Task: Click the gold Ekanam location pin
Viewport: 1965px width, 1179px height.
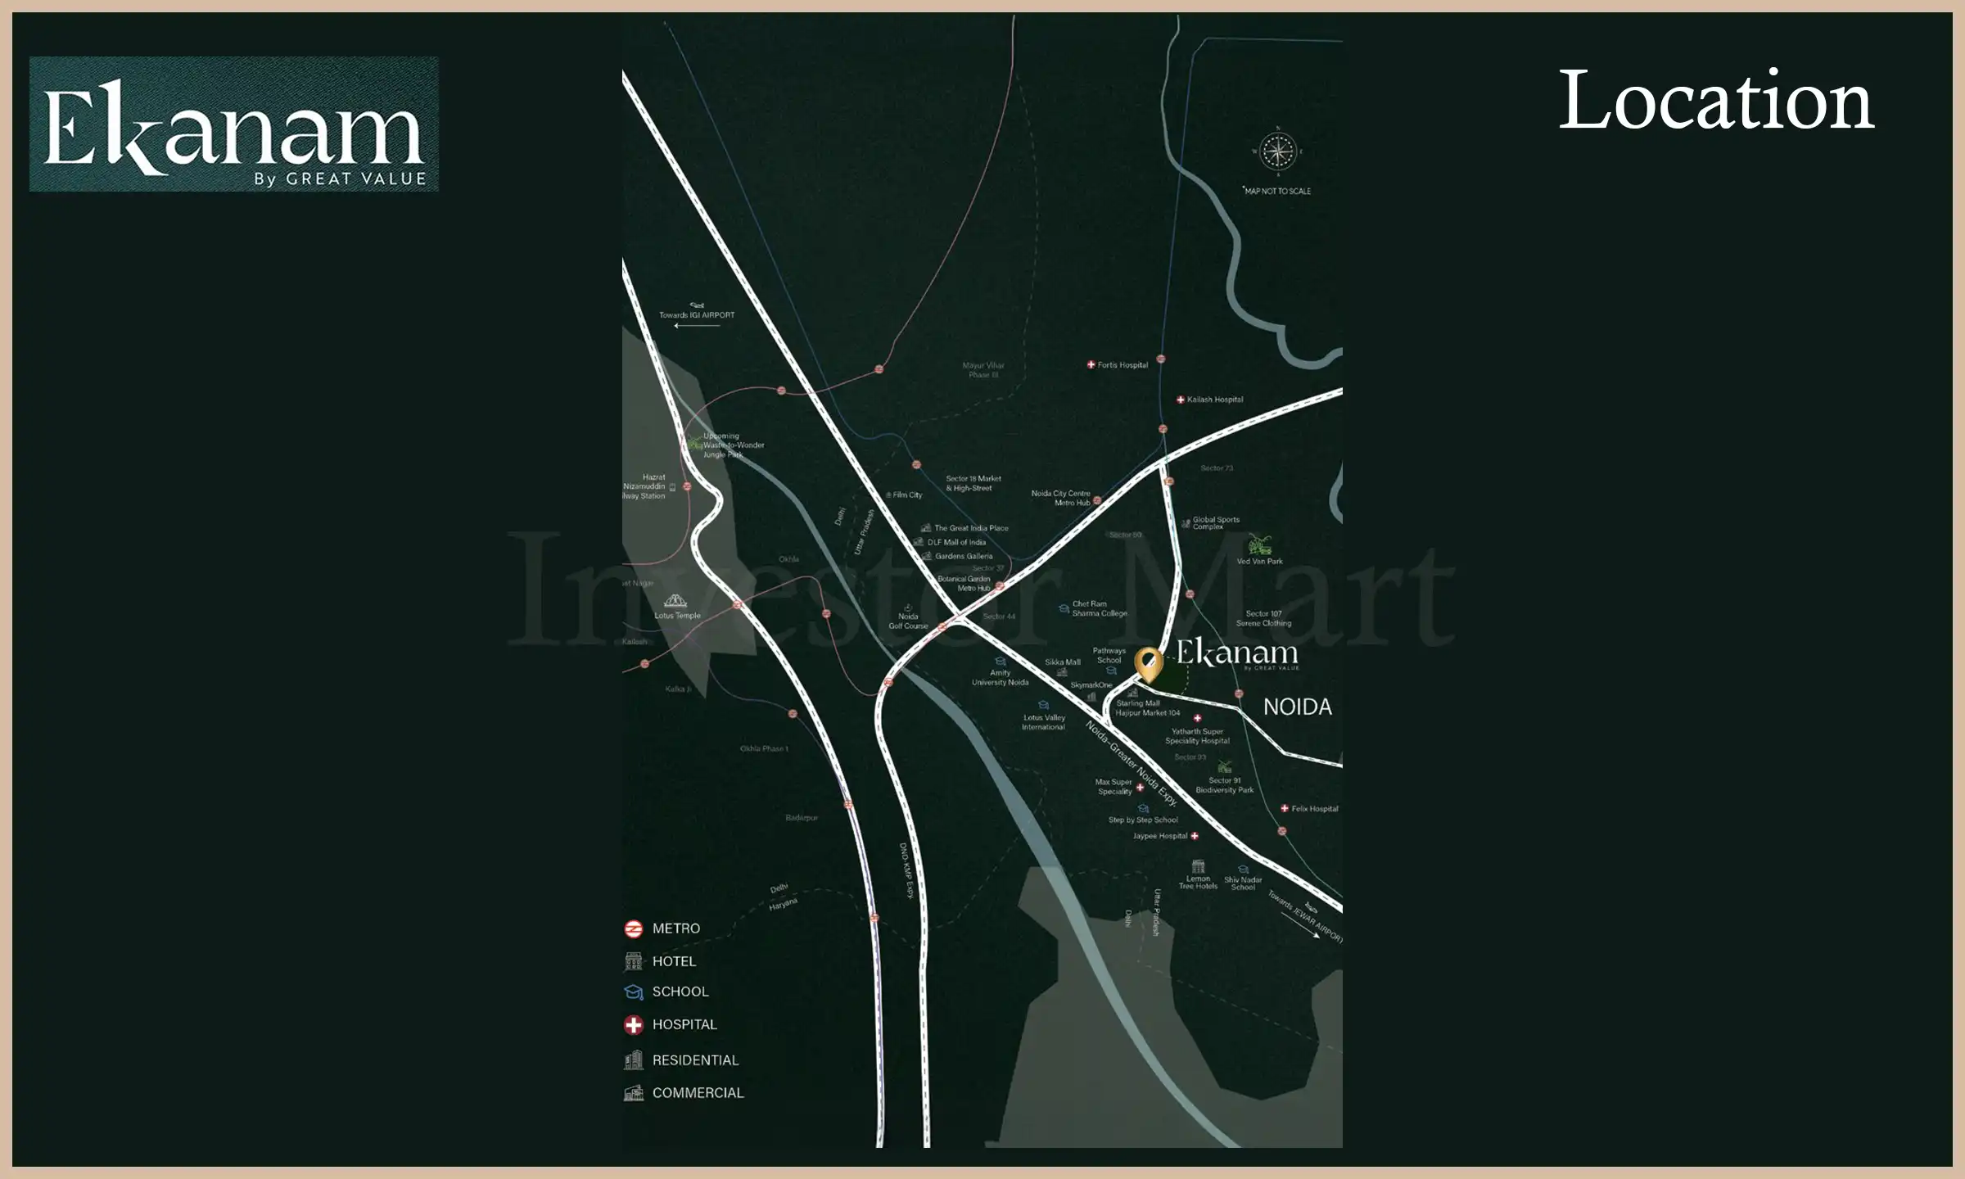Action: click(1149, 663)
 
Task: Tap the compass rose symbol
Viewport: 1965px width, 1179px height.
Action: click(1277, 151)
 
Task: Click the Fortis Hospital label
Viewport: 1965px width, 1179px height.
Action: click(1122, 365)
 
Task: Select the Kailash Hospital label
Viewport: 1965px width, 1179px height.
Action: click(1214, 400)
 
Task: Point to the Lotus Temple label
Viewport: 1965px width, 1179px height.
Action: click(677, 616)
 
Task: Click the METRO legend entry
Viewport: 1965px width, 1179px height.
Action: click(675, 928)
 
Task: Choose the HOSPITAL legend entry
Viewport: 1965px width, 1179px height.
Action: click(684, 1024)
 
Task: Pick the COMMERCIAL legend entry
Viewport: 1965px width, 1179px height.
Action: click(698, 1093)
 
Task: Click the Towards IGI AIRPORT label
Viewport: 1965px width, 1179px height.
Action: click(697, 315)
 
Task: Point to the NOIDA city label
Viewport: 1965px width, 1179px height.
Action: click(1297, 707)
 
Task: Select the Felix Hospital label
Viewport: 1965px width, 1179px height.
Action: click(1314, 809)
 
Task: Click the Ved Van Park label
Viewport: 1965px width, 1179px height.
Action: click(1259, 561)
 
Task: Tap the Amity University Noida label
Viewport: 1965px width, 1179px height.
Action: click(1000, 677)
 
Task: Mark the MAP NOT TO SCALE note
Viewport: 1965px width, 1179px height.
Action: click(1277, 191)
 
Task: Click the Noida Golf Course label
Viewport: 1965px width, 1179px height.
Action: click(908, 621)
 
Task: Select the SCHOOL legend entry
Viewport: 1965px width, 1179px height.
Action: click(680, 992)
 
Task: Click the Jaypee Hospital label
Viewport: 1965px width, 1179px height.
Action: click(1160, 836)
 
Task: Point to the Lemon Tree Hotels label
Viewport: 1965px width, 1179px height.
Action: click(1198, 882)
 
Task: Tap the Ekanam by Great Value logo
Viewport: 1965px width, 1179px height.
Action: click(233, 124)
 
